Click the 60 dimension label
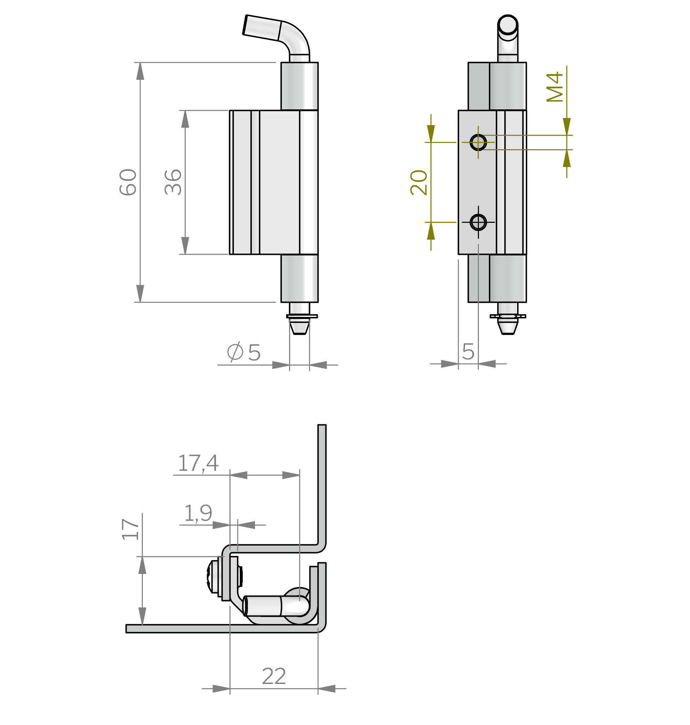[128, 182]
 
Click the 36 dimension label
[173, 182]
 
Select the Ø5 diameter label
[244, 352]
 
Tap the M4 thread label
[555, 87]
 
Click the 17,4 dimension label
[198, 463]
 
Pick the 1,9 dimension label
[198, 513]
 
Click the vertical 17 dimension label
[130, 529]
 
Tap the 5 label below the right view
[468, 352]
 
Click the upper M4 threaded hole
[478, 142]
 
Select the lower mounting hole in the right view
[478, 222]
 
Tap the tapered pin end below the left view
[299, 326]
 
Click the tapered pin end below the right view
[507, 326]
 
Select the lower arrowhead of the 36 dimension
[185, 245]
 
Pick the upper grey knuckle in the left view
[294, 86]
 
